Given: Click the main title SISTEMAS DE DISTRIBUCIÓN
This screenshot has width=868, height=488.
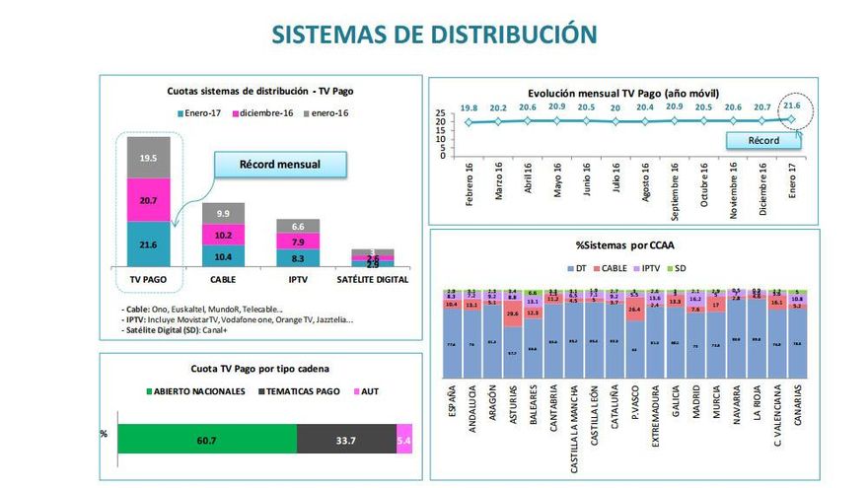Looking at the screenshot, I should coord(434,34).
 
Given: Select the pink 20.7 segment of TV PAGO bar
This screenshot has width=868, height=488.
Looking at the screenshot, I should coord(148,200).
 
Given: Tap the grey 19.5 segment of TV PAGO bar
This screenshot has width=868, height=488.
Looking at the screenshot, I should coord(148,158).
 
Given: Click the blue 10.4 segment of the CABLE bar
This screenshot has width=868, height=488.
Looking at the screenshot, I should coord(223,256).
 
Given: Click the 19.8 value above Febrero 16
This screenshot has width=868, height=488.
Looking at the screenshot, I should coord(468,107).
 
